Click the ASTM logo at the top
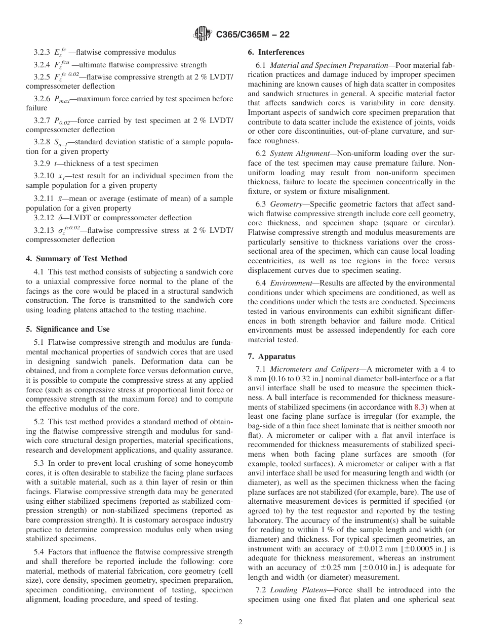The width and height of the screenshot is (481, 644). point(203,34)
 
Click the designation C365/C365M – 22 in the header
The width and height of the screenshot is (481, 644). point(253,35)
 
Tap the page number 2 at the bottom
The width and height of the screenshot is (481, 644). point(240,622)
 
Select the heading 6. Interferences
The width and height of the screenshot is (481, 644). point(276,52)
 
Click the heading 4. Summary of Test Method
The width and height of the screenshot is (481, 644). point(76,259)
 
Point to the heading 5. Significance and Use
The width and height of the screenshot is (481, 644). point(67,329)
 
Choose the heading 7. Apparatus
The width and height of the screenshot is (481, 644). point(271,356)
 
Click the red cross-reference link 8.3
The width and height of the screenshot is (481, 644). point(420,407)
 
